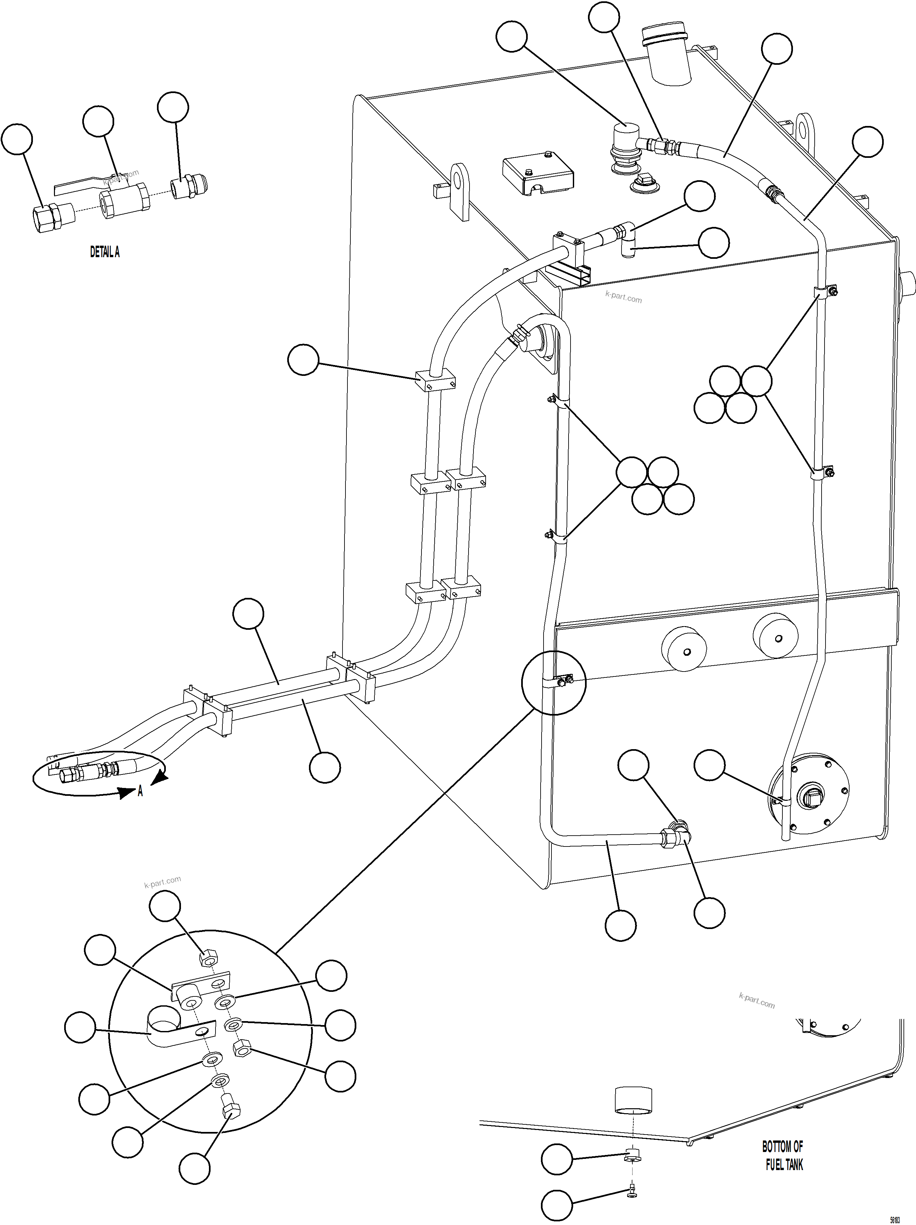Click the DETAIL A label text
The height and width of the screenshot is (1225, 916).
click(x=105, y=252)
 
